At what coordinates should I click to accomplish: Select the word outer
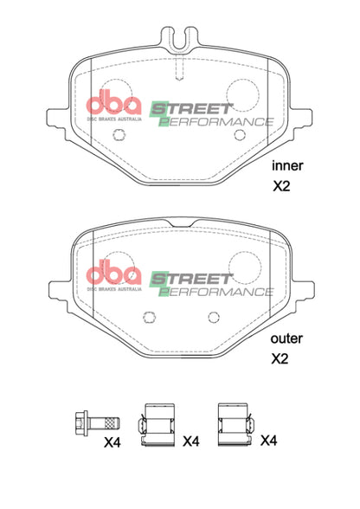coord(286,338)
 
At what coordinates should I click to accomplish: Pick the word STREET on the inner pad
coord(192,108)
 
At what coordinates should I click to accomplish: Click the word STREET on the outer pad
coord(192,279)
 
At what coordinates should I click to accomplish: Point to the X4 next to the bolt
coord(112,443)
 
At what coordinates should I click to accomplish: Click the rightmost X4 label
coord(270,441)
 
